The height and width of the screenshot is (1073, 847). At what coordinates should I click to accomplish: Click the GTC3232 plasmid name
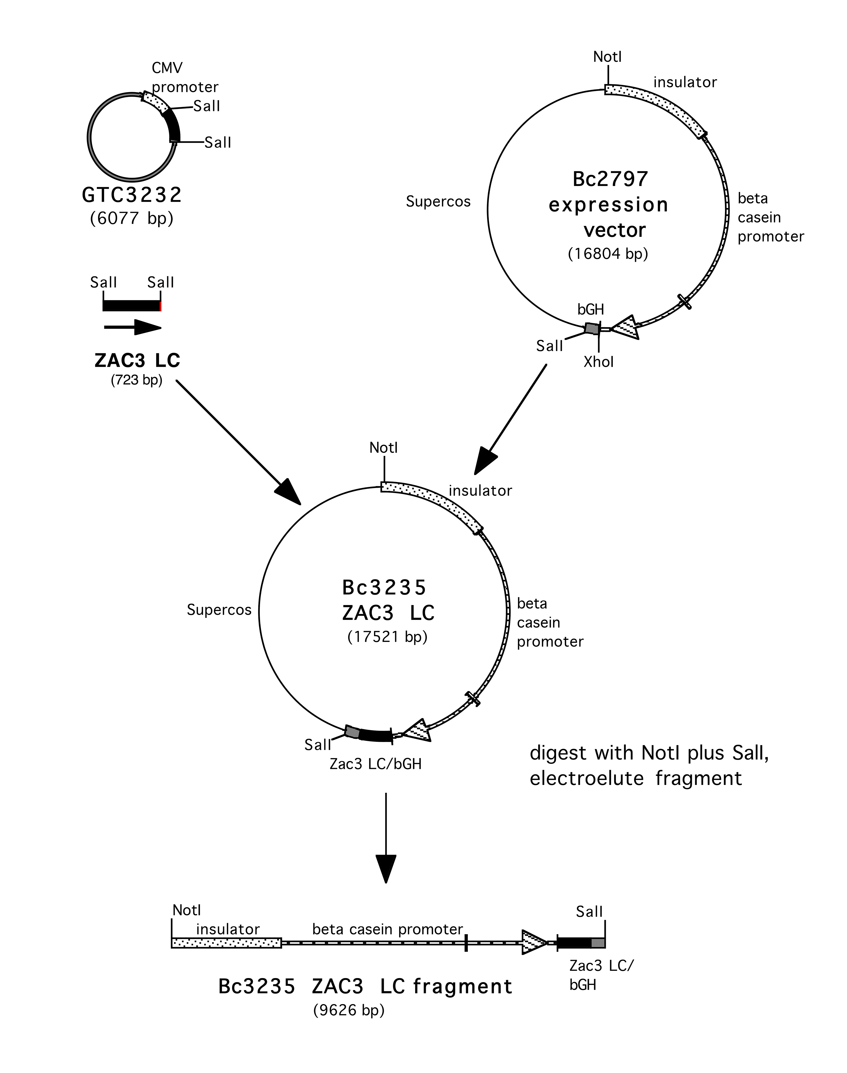[132, 195]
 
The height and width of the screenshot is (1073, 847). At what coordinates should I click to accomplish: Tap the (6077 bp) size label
[132, 218]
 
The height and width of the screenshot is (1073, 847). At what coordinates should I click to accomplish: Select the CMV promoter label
[185, 78]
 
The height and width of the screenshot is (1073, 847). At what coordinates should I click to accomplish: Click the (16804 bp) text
[608, 254]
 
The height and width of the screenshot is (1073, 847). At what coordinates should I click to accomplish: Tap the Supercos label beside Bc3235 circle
[219, 610]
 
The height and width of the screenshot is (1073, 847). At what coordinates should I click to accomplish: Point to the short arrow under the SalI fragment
[133, 327]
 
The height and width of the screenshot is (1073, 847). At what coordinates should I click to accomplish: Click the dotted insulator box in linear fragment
[226, 943]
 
